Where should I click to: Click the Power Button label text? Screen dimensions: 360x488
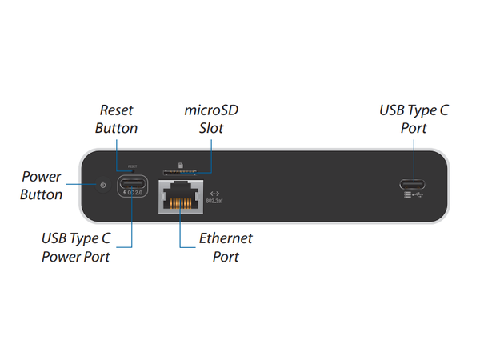click(42, 186)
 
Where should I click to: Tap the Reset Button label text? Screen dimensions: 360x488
click(116, 118)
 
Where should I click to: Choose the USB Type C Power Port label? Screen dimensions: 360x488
click(75, 247)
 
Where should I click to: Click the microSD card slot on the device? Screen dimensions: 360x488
click(180, 173)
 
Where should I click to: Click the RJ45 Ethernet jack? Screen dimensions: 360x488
click(180, 194)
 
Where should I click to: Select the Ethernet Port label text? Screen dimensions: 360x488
click(226, 247)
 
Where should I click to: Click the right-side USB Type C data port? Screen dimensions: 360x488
click(413, 182)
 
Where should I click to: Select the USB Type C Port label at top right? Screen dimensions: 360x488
click(414, 118)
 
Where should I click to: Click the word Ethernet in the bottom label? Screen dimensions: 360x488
click(226, 238)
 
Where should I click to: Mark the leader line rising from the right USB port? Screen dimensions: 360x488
click(414, 156)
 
